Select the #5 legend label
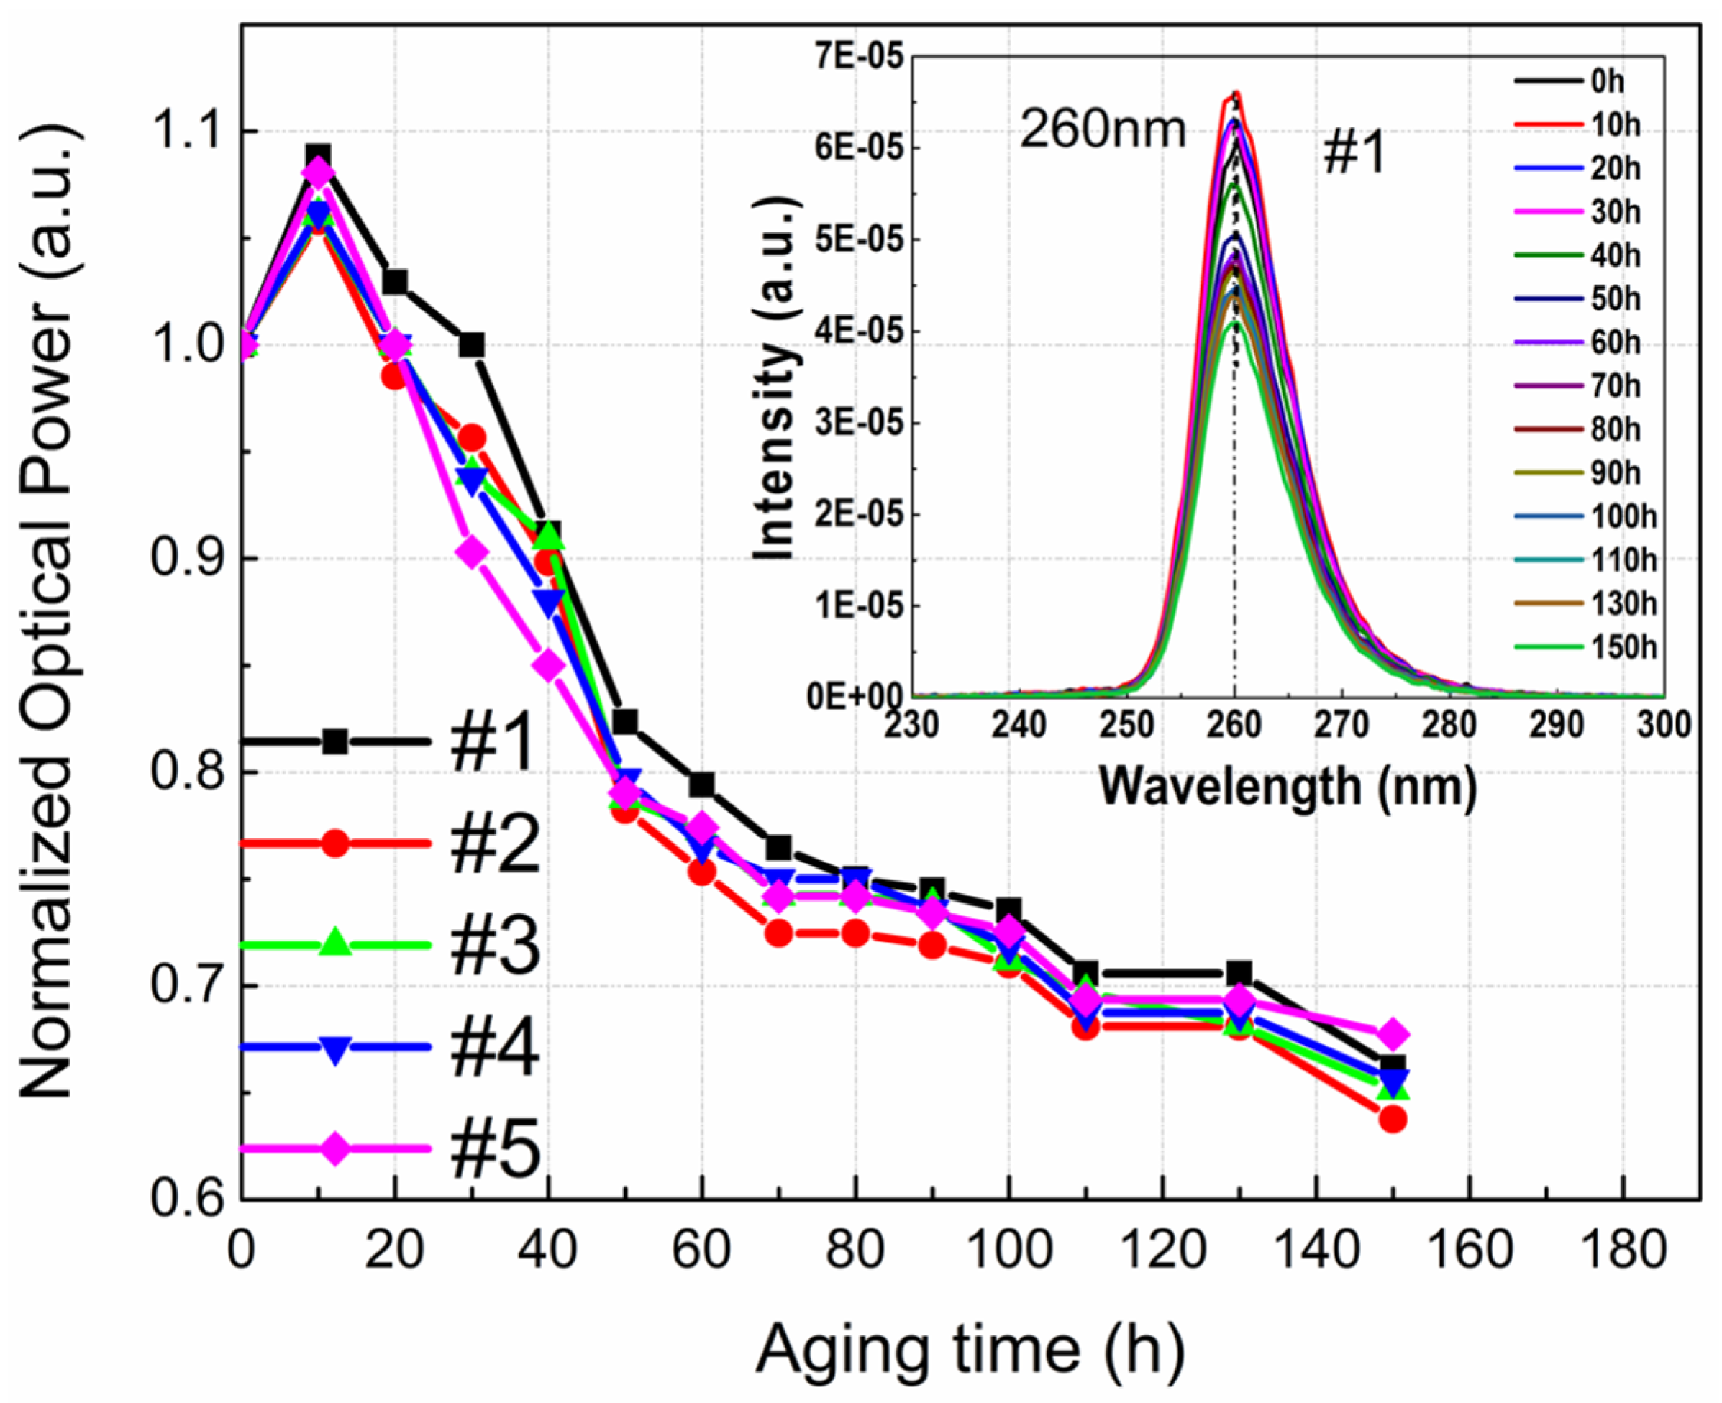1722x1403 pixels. coord(495,1149)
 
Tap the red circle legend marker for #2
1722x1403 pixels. coord(334,844)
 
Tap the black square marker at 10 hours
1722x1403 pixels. coord(318,156)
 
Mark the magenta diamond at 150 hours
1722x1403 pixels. coord(1393,1035)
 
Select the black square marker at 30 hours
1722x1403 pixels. coord(471,345)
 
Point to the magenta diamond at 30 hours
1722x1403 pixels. coord(471,553)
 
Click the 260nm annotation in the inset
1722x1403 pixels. coord(1102,129)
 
